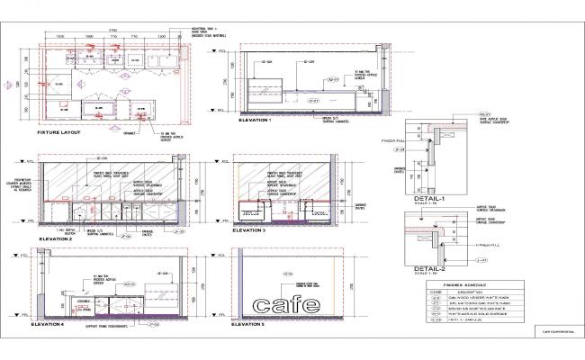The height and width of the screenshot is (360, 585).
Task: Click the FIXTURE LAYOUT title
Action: pyautogui.click(x=58, y=132)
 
